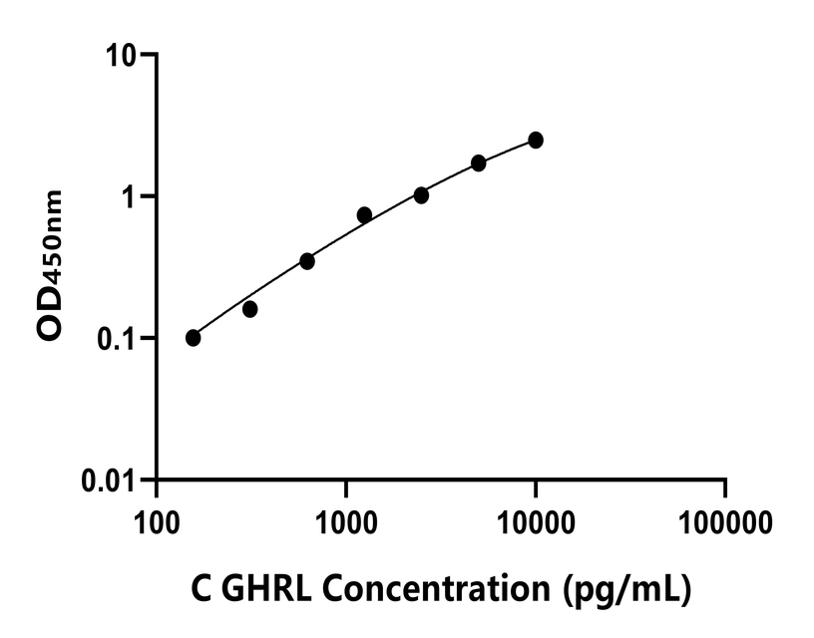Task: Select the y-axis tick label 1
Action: (130, 195)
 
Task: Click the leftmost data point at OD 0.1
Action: (194, 338)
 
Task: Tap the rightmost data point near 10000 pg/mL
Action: (536, 140)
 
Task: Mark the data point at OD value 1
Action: (421, 195)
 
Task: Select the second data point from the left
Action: (250, 309)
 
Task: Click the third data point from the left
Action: (307, 261)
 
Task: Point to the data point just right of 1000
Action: (364, 215)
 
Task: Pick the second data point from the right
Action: (479, 162)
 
